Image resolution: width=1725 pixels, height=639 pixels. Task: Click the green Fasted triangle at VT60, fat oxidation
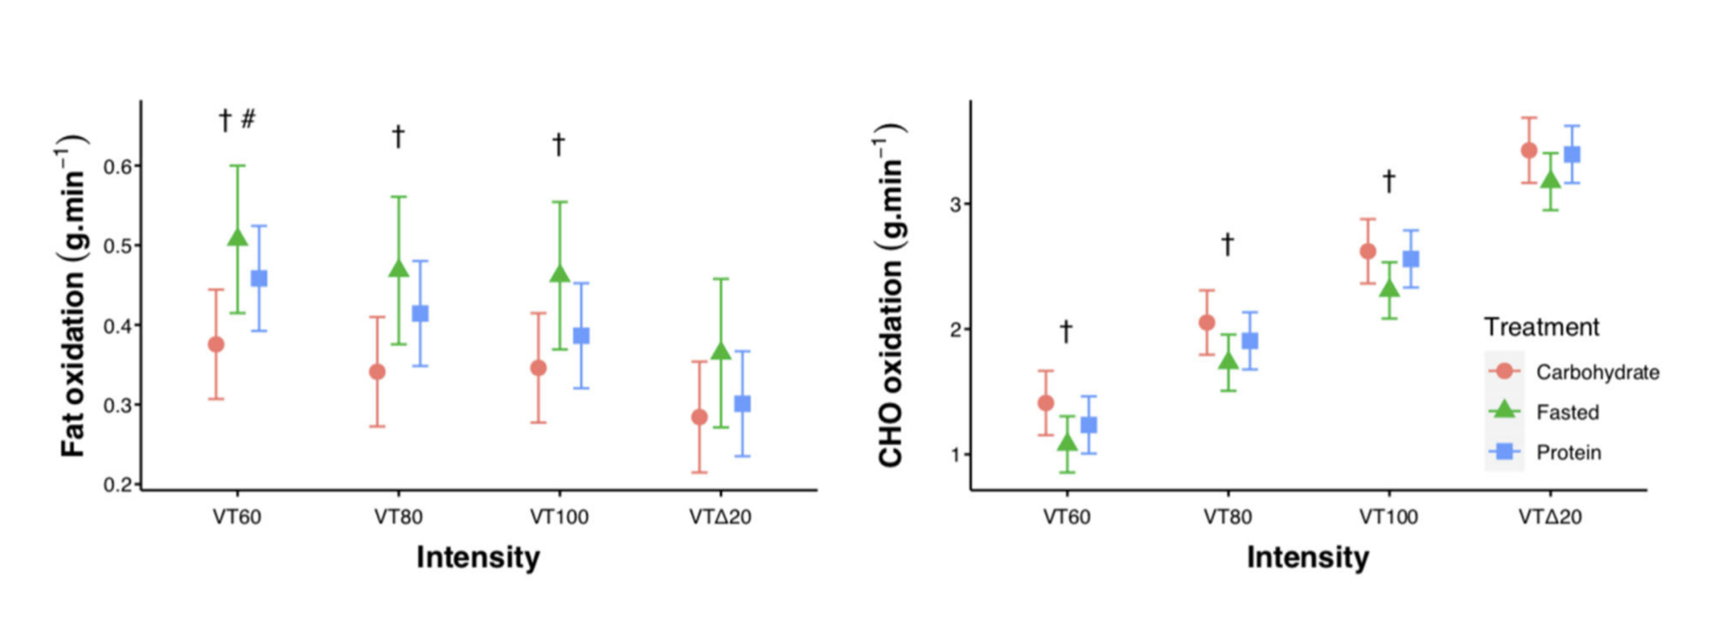237,238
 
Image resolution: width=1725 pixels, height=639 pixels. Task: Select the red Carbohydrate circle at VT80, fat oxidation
377,372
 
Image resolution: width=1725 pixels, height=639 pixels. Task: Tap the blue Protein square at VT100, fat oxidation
581,336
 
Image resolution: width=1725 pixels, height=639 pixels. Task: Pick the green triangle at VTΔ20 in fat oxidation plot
721,351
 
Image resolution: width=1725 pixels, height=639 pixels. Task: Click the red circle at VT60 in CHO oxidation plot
1045,403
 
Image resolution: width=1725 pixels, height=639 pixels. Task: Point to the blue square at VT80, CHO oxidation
1250,341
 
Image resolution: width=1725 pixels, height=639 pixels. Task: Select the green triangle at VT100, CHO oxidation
1389,288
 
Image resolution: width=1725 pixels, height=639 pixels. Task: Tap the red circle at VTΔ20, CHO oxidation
1529,151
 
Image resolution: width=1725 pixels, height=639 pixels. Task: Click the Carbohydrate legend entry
1596,373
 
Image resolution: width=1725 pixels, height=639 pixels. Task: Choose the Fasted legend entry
1566,413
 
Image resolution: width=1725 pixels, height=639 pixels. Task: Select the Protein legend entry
1568,453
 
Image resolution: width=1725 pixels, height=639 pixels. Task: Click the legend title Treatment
1541,328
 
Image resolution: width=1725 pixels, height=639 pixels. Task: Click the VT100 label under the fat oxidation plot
559,517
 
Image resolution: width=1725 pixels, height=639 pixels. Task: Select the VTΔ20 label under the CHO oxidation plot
1550,517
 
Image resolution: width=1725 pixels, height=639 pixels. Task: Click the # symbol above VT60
248,118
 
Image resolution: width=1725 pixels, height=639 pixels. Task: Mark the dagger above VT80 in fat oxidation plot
398,137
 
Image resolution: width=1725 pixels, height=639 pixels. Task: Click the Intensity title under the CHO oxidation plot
1308,557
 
